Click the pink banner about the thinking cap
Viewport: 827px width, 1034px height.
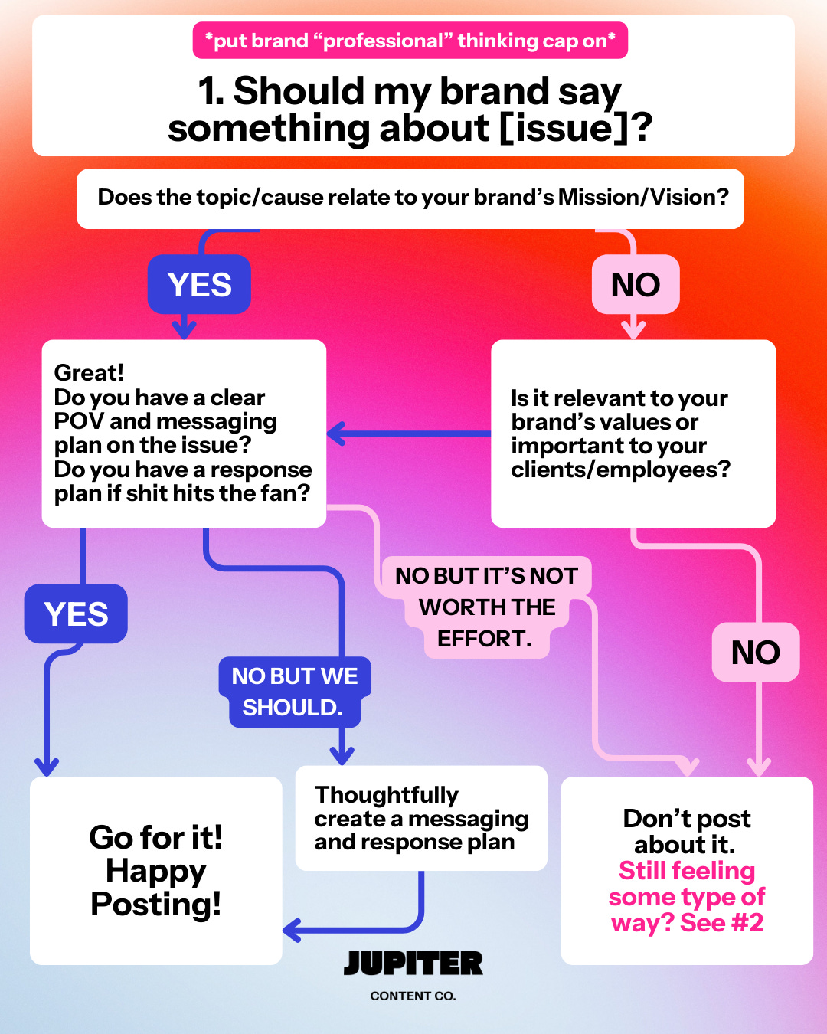click(x=410, y=41)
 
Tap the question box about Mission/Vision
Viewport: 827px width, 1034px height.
click(x=410, y=198)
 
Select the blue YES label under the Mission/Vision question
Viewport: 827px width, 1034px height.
click(x=199, y=285)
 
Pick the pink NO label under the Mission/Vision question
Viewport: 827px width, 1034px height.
click(x=636, y=285)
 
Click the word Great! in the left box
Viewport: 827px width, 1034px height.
click(x=89, y=373)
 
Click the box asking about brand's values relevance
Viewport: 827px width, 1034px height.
click(x=633, y=434)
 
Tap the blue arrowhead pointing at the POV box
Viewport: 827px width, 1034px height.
click(x=335, y=434)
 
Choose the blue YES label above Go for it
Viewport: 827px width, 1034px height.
click(x=76, y=614)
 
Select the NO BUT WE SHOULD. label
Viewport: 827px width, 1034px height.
click(x=295, y=692)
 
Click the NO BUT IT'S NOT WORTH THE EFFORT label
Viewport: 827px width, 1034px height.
click(x=485, y=607)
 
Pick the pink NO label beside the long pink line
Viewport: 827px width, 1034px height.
click(x=756, y=653)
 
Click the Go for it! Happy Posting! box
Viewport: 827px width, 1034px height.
click(x=156, y=871)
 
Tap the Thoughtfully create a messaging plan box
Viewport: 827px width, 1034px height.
click(x=421, y=818)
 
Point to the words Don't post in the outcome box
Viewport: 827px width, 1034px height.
click(x=687, y=819)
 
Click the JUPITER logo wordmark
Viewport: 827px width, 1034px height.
click(x=413, y=964)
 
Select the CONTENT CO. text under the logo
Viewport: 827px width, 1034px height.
click(x=413, y=996)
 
